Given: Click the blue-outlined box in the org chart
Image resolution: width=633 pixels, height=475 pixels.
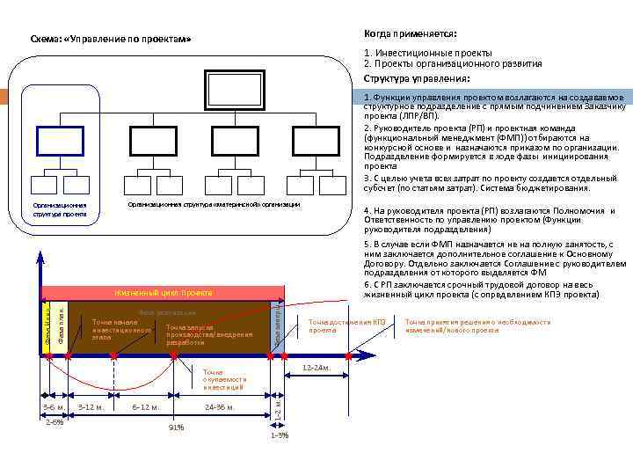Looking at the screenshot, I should (x=61, y=140).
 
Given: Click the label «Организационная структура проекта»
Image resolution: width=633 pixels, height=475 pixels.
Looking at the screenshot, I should (x=60, y=208).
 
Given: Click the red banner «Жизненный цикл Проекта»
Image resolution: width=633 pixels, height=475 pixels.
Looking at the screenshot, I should (x=164, y=292).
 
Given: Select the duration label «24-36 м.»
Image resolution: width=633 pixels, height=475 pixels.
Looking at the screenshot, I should (x=219, y=406).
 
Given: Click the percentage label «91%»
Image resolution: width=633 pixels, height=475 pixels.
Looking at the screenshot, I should (x=176, y=427).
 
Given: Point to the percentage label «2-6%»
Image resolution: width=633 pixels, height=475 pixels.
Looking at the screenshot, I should (x=55, y=422).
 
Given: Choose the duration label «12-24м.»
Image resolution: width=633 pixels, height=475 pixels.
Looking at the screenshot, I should (x=316, y=367).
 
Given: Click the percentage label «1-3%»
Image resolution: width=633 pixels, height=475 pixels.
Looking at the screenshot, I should (x=279, y=435).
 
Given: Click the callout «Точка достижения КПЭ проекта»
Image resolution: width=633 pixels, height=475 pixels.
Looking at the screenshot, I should (x=346, y=325).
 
